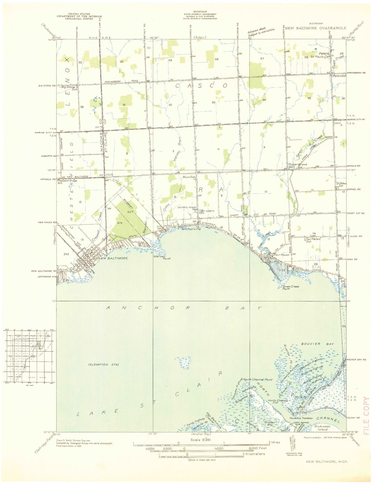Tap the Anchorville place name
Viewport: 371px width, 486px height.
click(191, 229)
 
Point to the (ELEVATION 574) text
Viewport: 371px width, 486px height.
click(103, 365)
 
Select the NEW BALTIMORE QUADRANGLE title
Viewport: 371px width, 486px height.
click(316, 28)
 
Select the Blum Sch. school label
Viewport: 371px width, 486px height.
click(189, 177)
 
